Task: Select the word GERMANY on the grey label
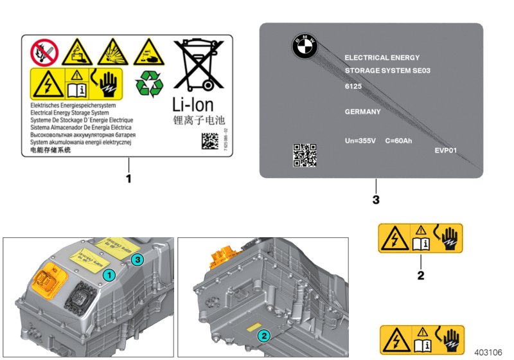pyautogui.click(x=363, y=111)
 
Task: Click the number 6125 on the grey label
pyautogui.click(x=354, y=85)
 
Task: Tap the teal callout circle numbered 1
pyautogui.click(x=110, y=274)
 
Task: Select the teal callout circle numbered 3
pyautogui.click(x=136, y=259)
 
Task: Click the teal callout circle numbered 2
pyautogui.click(x=263, y=335)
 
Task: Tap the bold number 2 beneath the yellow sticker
pyautogui.click(x=420, y=276)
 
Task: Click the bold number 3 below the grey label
pyautogui.click(x=376, y=200)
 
